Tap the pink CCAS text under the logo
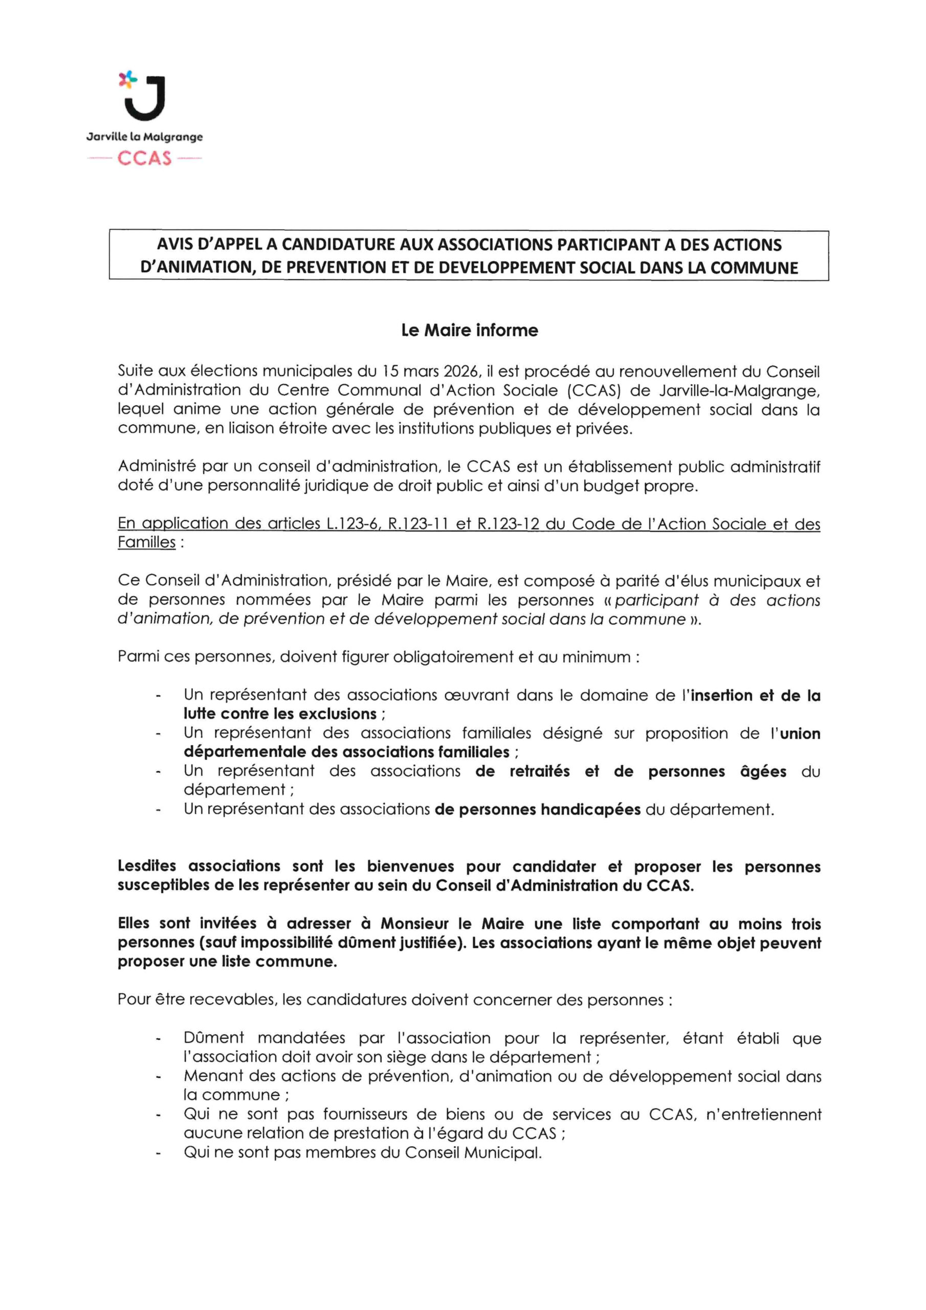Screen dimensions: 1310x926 [x=144, y=158]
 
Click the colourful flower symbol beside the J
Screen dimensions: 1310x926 [x=128, y=79]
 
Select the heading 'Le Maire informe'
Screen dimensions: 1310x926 [x=469, y=331]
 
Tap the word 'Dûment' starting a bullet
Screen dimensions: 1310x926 [x=213, y=1038]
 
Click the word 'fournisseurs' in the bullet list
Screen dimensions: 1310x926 [x=362, y=1115]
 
